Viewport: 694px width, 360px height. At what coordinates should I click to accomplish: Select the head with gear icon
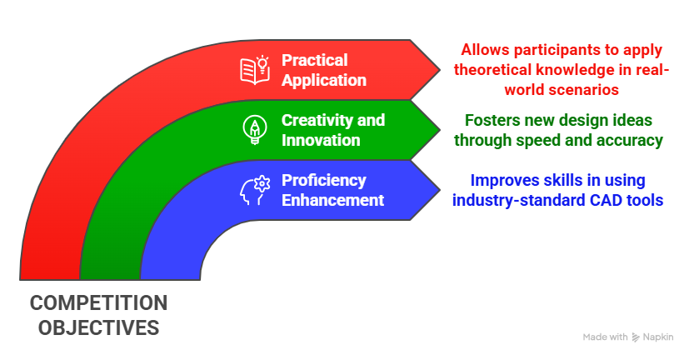(254, 189)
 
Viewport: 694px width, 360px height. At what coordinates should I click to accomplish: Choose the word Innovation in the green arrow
(321, 140)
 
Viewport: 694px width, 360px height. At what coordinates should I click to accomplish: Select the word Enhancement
(332, 200)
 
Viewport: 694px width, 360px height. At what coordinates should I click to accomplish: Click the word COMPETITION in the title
(98, 302)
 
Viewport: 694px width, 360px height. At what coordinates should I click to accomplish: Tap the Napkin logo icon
(637, 337)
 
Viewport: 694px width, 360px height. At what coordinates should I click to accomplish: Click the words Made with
(605, 337)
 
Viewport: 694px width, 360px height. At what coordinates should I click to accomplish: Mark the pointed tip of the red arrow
(441, 70)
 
